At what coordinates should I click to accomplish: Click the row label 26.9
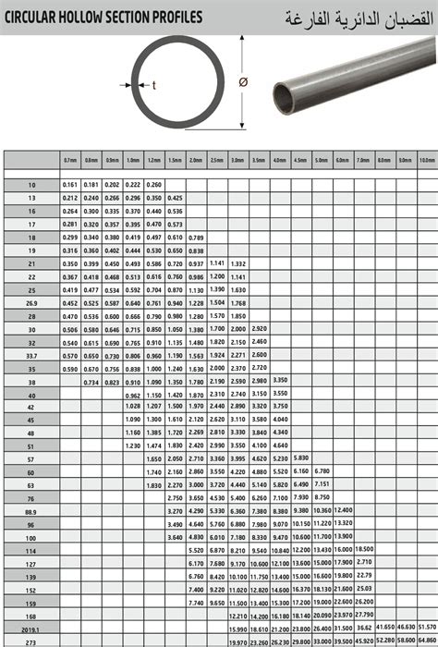[32, 302]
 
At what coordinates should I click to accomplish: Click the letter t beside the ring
[153, 86]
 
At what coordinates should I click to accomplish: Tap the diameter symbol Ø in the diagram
[243, 82]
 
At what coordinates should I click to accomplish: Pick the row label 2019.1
[32, 628]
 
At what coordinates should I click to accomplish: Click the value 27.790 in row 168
[363, 615]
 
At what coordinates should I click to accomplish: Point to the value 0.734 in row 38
[91, 381]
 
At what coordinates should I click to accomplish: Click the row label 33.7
[32, 355]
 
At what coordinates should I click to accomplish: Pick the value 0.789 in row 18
[195, 238]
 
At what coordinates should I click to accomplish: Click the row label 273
[32, 641]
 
